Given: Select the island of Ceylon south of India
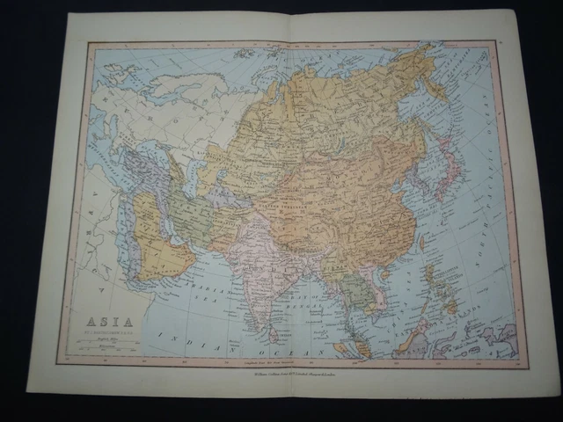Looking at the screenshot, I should coord(275,332).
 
